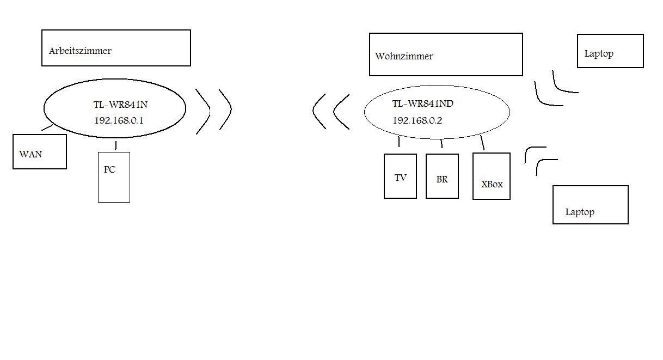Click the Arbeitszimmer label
pyautogui.click(x=80, y=51)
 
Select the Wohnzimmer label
pyautogui.click(x=404, y=56)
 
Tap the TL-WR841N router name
pyautogui.click(x=120, y=105)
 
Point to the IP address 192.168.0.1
pyautogui.click(x=119, y=120)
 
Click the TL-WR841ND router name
pyautogui.click(x=423, y=104)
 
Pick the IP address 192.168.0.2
pyautogui.click(x=418, y=120)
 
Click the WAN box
pyautogui.click(x=40, y=152)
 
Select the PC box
pyautogui.click(x=114, y=178)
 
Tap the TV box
pyautogui.click(x=400, y=176)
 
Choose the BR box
pyautogui.click(x=442, y=176)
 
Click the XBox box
pyautogui.click(x=492, y=176)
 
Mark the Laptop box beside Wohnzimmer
pyautogui.click(x=610, y=51)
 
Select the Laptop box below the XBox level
pyautogui.click(x=591, y=205)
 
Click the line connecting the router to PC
pyautogui.click(x=115, y=145)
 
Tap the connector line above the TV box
pyautogui.click(x=399, y=142)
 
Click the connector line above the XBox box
pyautogui.click(x=482, y=143)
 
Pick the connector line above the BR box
pyautogui.click(x=441, y=144)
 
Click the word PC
pyautogui.click(x=109, y=169)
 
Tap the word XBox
pyautogui.click(x=492, y=184)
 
